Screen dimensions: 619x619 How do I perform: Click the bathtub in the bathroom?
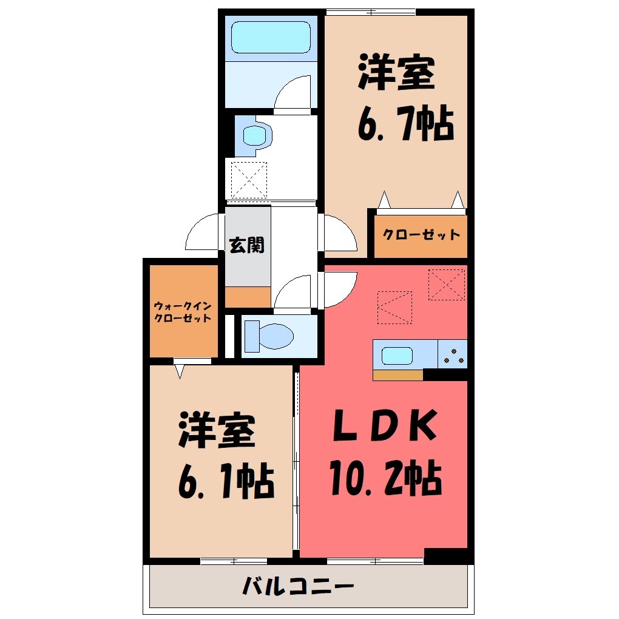click(271, 37)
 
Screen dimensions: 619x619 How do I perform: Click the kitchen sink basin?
click(397, 356)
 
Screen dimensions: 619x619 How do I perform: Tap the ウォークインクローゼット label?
click(183, 312)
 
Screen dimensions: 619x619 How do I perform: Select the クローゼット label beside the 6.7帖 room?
click(421, 234)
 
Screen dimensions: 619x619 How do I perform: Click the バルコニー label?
click(298, 586)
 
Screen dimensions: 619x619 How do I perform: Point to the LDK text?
click(385, 425)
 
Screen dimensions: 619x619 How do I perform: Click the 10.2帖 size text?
click(385, 477)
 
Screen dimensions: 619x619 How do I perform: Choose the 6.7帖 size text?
click(406, 123)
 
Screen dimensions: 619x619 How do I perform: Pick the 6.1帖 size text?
click(226, 481)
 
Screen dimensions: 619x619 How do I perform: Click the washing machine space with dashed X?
click(249, 180)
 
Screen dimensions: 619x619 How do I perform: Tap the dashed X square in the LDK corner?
click(447, 285)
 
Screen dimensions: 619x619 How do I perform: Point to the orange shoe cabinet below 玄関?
click(248, 297)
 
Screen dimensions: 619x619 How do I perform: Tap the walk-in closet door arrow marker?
click(180, 371)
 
